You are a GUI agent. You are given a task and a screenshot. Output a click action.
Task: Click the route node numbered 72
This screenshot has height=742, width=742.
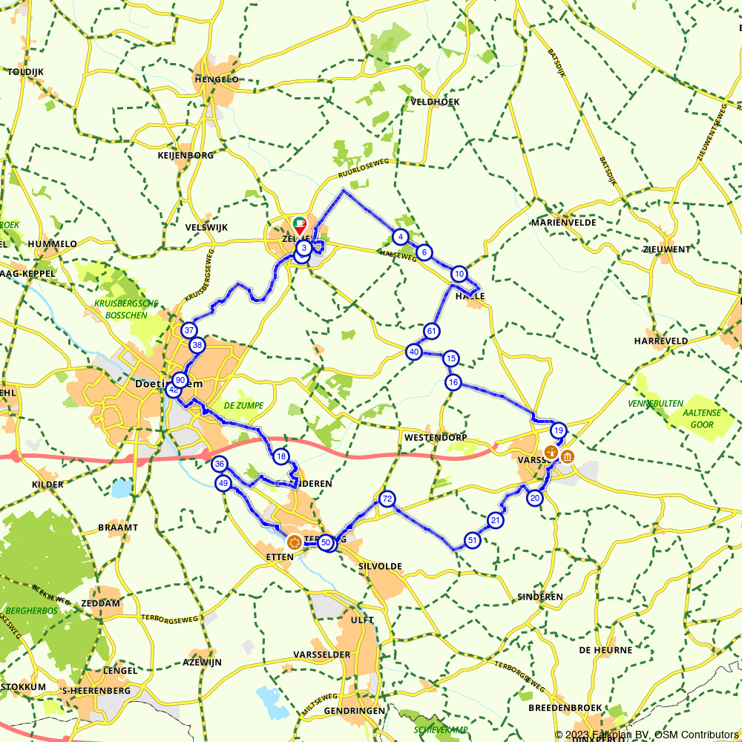(386, 499)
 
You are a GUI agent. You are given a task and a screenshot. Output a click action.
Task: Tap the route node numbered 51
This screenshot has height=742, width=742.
(472, 539)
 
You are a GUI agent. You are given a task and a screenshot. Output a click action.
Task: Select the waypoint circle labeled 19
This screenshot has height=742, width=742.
(558, 430)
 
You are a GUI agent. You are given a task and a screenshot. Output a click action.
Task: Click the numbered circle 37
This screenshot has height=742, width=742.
(189, 330)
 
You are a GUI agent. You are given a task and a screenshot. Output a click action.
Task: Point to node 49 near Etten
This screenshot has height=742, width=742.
(223, 484)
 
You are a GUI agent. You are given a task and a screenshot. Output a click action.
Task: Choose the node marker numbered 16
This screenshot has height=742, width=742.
(453, 383)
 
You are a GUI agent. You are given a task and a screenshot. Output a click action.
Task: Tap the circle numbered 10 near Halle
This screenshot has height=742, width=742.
(459, 274)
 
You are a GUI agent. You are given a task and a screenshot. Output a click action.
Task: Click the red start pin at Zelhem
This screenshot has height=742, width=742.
(299, 225)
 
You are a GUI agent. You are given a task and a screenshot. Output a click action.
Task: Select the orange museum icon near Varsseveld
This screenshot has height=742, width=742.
(568, 456)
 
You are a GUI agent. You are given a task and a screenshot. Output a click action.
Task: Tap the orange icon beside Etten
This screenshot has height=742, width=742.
(294, 542)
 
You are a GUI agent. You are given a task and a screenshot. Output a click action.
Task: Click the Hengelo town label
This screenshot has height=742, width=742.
(217, 79)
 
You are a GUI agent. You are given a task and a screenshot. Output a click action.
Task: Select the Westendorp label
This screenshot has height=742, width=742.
(436, 438)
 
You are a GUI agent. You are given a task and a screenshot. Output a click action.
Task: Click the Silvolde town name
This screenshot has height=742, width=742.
(379, 566)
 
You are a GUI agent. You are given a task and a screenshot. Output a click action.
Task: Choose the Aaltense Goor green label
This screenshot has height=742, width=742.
(701, 419)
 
